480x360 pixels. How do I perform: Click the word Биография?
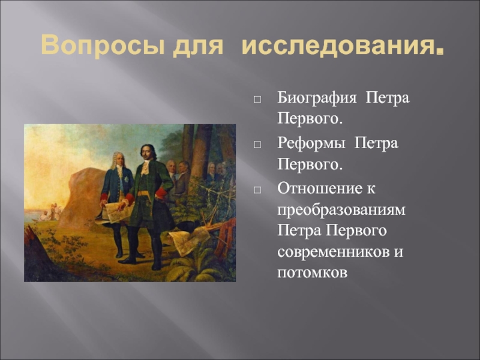pos(317,98)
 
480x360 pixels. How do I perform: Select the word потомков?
pos(312,273)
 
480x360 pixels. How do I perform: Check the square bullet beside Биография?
pos(257,100)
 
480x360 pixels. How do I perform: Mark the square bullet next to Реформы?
pos(257,145)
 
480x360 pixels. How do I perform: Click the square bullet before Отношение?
pos(257,190)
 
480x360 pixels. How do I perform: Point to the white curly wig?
pos(117,159)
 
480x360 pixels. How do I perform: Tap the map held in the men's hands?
pos(114,211)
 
